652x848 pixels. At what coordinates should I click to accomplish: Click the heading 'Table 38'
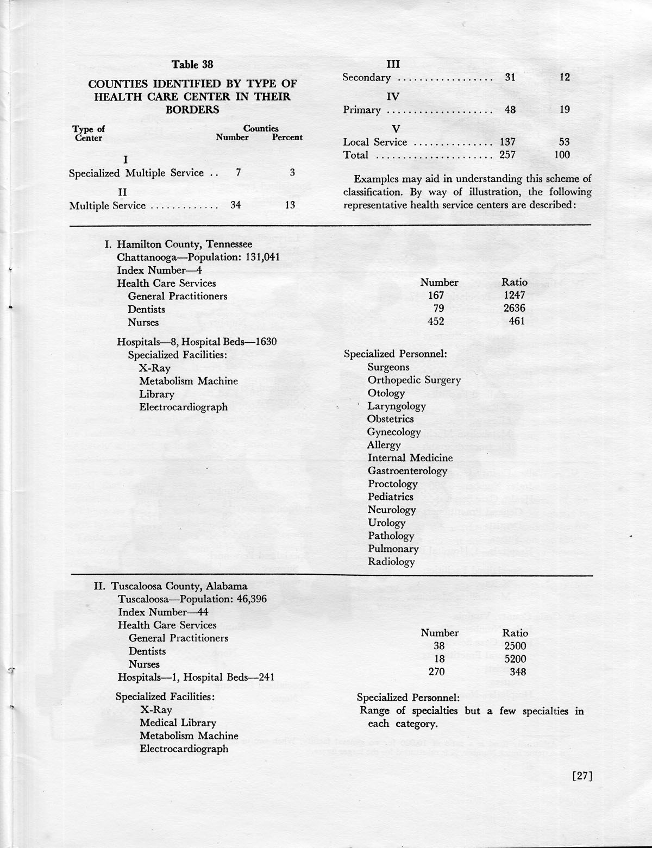(x=192, y=65)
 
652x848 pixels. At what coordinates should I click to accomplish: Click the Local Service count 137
(x=507, y=142)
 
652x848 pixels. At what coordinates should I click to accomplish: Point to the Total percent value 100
(x=562, y=155)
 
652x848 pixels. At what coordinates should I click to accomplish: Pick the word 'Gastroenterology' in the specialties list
(x=407, y=472)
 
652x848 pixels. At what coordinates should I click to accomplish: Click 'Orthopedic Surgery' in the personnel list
(x=414, y=380)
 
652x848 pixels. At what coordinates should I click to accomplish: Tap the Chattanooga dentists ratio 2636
(x=514, y=309)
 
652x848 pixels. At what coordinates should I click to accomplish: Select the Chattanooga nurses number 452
(x=435, y=322)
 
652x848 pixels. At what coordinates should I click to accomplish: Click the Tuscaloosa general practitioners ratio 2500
(x=515, y=646)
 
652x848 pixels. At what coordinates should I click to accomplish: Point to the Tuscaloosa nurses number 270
(x=436, y=672)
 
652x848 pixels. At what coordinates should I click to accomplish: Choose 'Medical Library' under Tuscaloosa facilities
(x=178, y=723)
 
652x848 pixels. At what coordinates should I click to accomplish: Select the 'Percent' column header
(x=287, y=138)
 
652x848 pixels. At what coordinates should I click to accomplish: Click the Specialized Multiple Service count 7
(x=238, y=173)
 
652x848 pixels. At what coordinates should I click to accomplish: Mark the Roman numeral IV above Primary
(x=393, y=97)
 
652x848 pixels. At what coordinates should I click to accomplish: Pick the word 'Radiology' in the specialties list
(x=391, y=562)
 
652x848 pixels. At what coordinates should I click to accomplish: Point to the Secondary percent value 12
(x=565, y=78)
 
